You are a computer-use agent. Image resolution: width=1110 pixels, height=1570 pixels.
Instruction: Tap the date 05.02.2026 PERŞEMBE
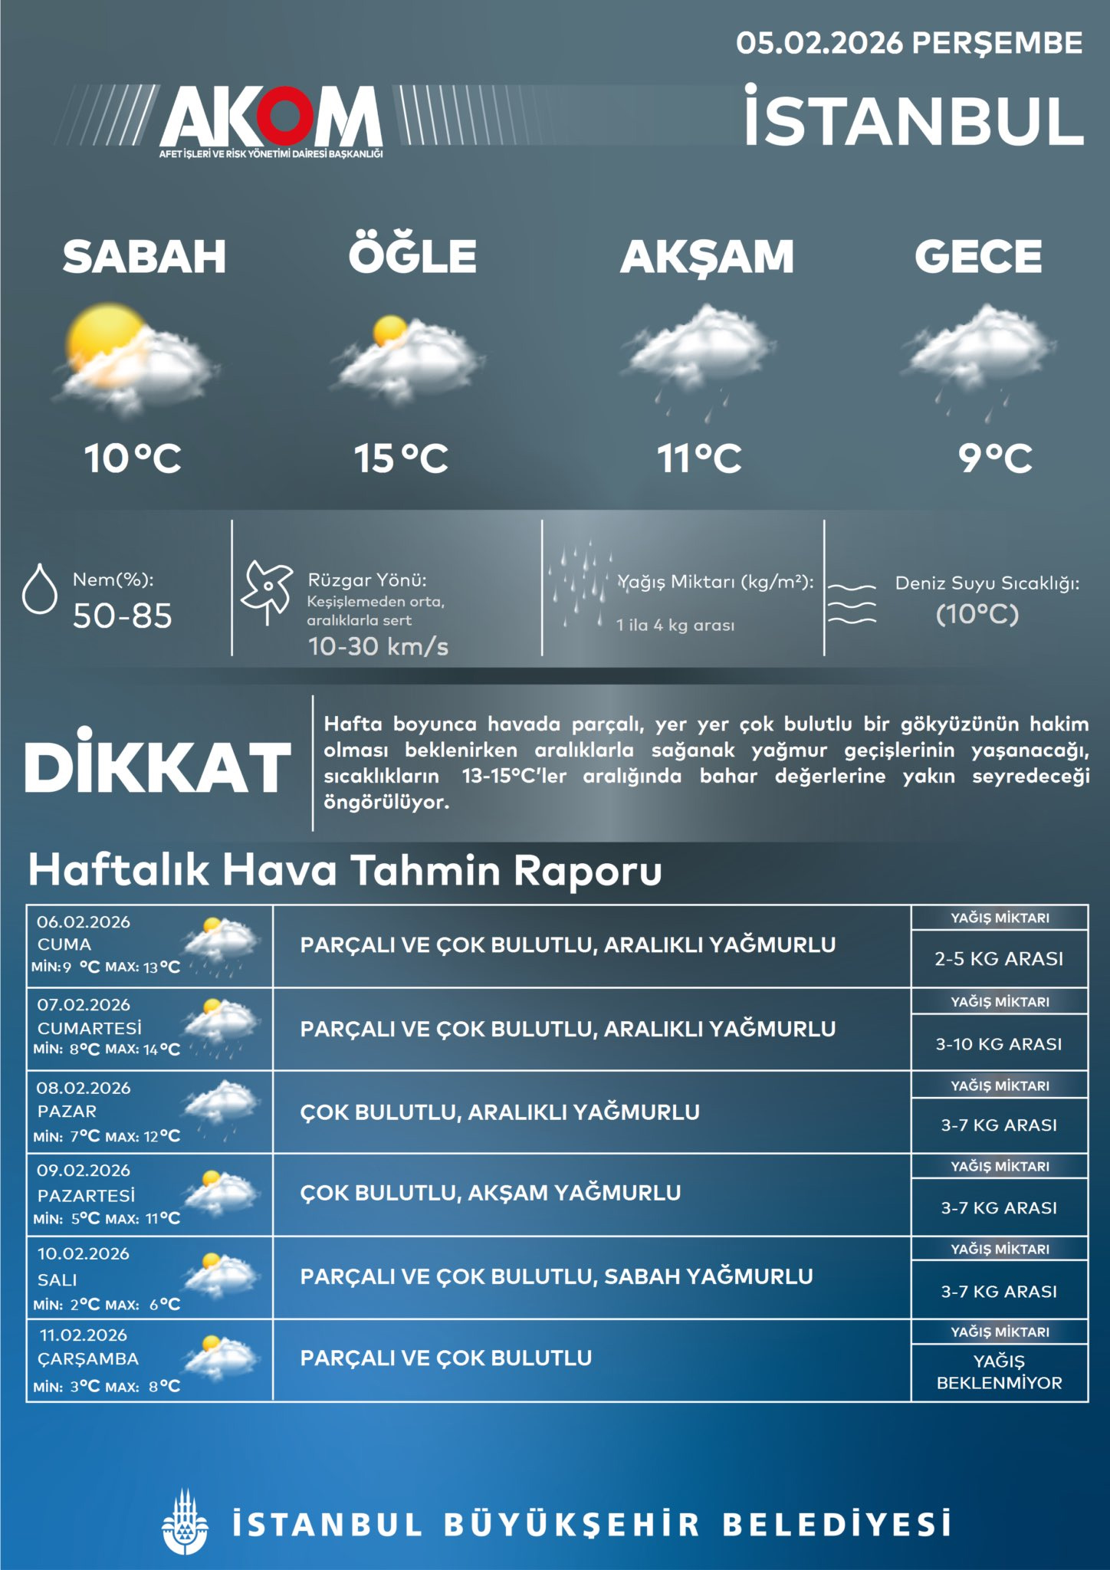(909, 43)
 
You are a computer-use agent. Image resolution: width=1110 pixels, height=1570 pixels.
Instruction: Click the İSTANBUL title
(914, 118)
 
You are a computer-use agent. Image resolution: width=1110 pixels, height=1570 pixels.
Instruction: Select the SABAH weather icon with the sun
(135, 357)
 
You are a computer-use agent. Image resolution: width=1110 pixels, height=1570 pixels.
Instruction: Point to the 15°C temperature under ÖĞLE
(401, 458)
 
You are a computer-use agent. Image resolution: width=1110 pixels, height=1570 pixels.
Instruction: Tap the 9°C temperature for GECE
(995, 458)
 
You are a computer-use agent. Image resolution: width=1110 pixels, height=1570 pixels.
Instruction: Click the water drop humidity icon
(40, 589)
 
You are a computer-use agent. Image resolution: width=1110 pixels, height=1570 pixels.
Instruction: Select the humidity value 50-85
(123, 616)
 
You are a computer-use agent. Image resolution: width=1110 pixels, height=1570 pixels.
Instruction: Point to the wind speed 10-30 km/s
(378, 646)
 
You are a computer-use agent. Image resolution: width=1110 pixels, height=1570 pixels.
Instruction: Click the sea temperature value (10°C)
(977, 614)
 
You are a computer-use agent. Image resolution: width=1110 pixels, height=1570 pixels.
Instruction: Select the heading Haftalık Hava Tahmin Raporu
(345, 870)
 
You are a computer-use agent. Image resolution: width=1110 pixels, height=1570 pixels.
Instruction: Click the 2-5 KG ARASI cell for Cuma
(999, 958)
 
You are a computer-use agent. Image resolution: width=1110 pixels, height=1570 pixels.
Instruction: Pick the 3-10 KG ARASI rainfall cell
(999, 1043)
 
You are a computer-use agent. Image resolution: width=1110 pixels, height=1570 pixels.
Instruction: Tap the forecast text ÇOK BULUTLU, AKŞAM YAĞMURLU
(491, 1193)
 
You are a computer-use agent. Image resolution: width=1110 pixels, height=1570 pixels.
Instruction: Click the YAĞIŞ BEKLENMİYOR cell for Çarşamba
(999, 1371)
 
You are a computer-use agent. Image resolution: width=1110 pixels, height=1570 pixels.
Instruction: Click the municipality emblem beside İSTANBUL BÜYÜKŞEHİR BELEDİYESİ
(185, 1523)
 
